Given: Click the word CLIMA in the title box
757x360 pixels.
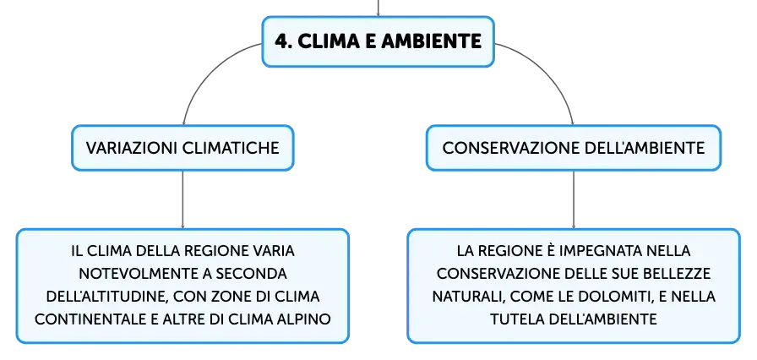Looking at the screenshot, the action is (329, 41).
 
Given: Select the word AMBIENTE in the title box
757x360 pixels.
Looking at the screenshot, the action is (431, 41).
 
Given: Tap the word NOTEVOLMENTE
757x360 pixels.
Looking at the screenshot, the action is (139, 274).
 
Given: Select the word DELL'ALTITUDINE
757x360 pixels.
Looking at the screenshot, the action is (106, 297).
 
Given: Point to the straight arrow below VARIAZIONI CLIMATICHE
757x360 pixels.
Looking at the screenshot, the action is (182, 199).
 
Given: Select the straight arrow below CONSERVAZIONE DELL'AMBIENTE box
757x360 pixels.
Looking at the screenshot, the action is (574, 199).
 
